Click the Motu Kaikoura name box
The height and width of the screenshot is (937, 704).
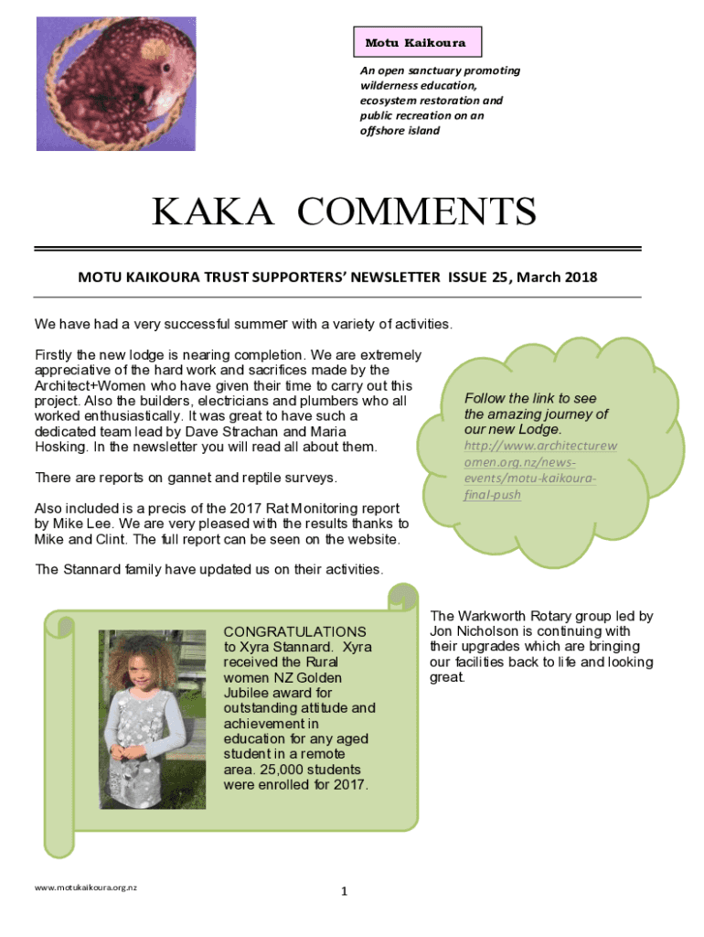(x=417, y=43)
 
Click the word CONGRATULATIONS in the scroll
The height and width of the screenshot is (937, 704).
(x=294, y=631)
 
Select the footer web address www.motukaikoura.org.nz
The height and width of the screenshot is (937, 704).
(x=85, y=888)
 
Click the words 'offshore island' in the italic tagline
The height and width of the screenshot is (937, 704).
(x=400, y=131)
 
